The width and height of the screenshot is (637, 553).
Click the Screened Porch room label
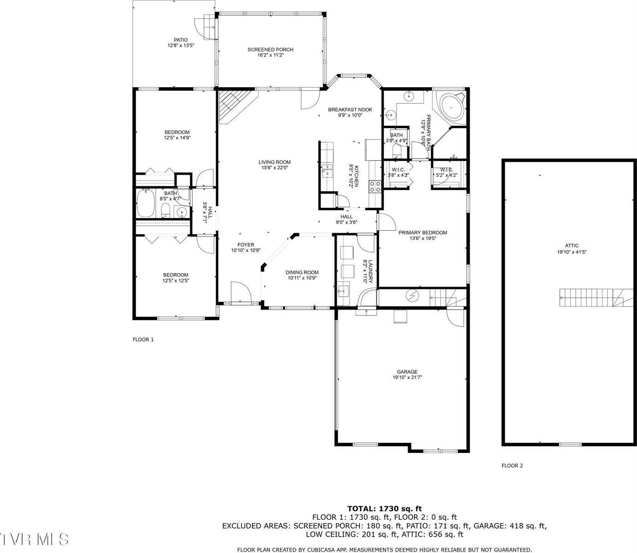coord(270,50)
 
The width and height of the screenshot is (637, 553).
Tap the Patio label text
coord(181,40)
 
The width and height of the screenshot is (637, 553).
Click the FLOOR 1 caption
coord(143,340)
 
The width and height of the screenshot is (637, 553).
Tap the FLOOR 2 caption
coord(512,465)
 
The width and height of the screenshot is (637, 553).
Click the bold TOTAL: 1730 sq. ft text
coord(384,509)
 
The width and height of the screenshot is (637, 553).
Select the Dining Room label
coord(302,272)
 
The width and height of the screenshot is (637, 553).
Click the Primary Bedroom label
coord(422,233)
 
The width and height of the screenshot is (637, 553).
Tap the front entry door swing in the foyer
coord(240,292)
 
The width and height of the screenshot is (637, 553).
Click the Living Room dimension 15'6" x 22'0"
coord(274,168)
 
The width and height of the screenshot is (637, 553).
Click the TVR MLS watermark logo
coord(35,539)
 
